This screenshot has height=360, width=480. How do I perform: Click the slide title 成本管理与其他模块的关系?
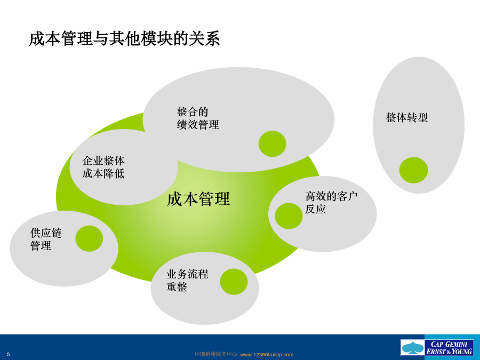124,39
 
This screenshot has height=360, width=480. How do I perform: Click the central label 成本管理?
198,199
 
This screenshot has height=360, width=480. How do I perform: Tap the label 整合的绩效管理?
198,118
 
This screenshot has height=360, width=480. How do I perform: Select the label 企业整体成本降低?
103,167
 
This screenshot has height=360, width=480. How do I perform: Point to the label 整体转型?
406,117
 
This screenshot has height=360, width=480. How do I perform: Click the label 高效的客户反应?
331,203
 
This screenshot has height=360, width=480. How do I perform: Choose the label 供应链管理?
46,239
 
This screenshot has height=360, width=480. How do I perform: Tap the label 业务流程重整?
187,280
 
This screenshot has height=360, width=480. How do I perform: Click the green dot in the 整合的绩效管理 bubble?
273,144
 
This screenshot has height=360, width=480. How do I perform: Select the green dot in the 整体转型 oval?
413,170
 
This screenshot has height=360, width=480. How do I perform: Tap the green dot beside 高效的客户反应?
289,216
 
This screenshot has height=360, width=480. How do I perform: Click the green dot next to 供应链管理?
89,238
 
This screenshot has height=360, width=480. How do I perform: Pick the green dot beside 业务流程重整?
234,282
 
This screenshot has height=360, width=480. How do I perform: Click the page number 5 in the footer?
8,355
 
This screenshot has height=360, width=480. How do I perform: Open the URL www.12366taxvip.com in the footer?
267,355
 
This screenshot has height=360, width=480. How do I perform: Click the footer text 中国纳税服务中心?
216,354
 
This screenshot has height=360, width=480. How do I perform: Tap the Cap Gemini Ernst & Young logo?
437,348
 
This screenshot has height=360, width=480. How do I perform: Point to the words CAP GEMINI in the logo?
449,344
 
